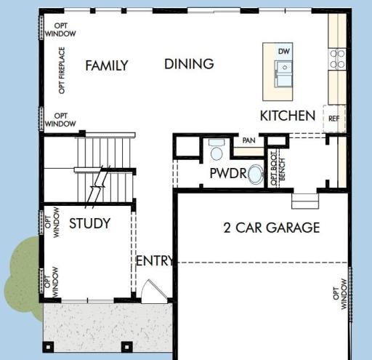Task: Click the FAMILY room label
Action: click(107, 65)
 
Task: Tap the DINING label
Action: click(189, 64)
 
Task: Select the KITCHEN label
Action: click(288, 116)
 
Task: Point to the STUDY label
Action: click(90, 223)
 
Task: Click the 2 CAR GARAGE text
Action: click(272, 228)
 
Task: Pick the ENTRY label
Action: click(155, 261)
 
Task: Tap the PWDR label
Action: click(228, 173)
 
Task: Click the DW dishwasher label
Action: click(284, 52)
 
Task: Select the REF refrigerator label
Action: click(333, 119)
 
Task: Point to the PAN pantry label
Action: click(248, 140)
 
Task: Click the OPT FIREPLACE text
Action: click(62, 71)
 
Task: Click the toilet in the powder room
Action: click(217, 150)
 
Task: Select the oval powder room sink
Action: click(256, 174)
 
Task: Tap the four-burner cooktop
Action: click(337, 59)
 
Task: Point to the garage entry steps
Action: click(305, 201)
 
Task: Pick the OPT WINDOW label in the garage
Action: click(340, 294)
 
